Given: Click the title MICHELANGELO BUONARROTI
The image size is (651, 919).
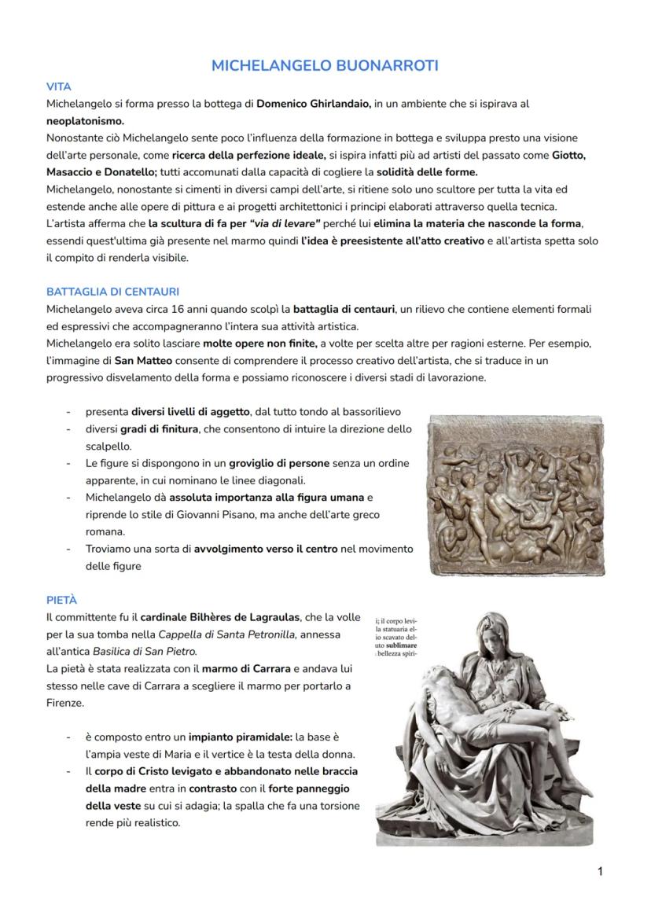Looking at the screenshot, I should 325,66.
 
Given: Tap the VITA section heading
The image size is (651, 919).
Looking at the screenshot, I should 58,87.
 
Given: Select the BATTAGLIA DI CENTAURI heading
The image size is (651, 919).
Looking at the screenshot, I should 112,292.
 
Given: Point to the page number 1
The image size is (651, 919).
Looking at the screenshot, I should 600,870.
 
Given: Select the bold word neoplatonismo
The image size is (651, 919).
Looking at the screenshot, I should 85,121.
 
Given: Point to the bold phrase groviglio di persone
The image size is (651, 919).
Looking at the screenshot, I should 279,463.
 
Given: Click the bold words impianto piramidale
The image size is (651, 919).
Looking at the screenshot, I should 239,737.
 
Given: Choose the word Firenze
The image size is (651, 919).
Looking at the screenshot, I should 64,703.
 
